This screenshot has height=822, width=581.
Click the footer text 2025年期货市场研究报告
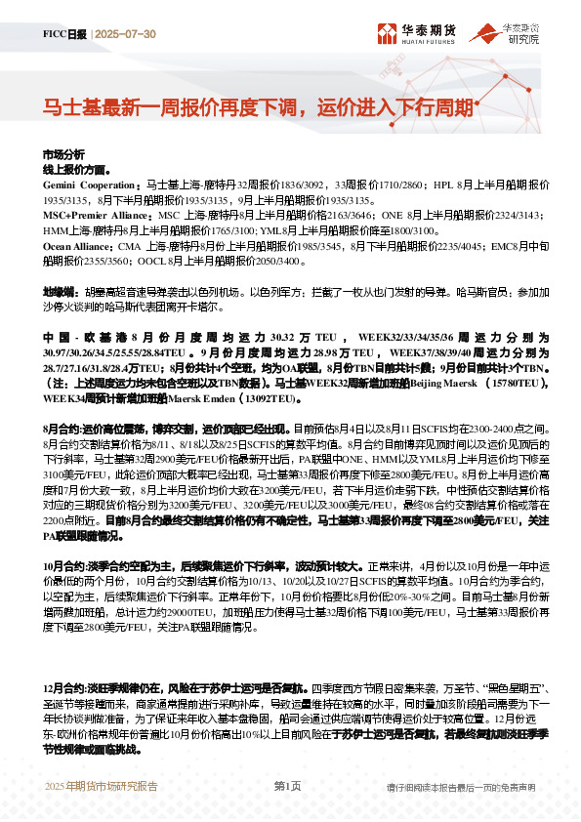click(x=102, y=786)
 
